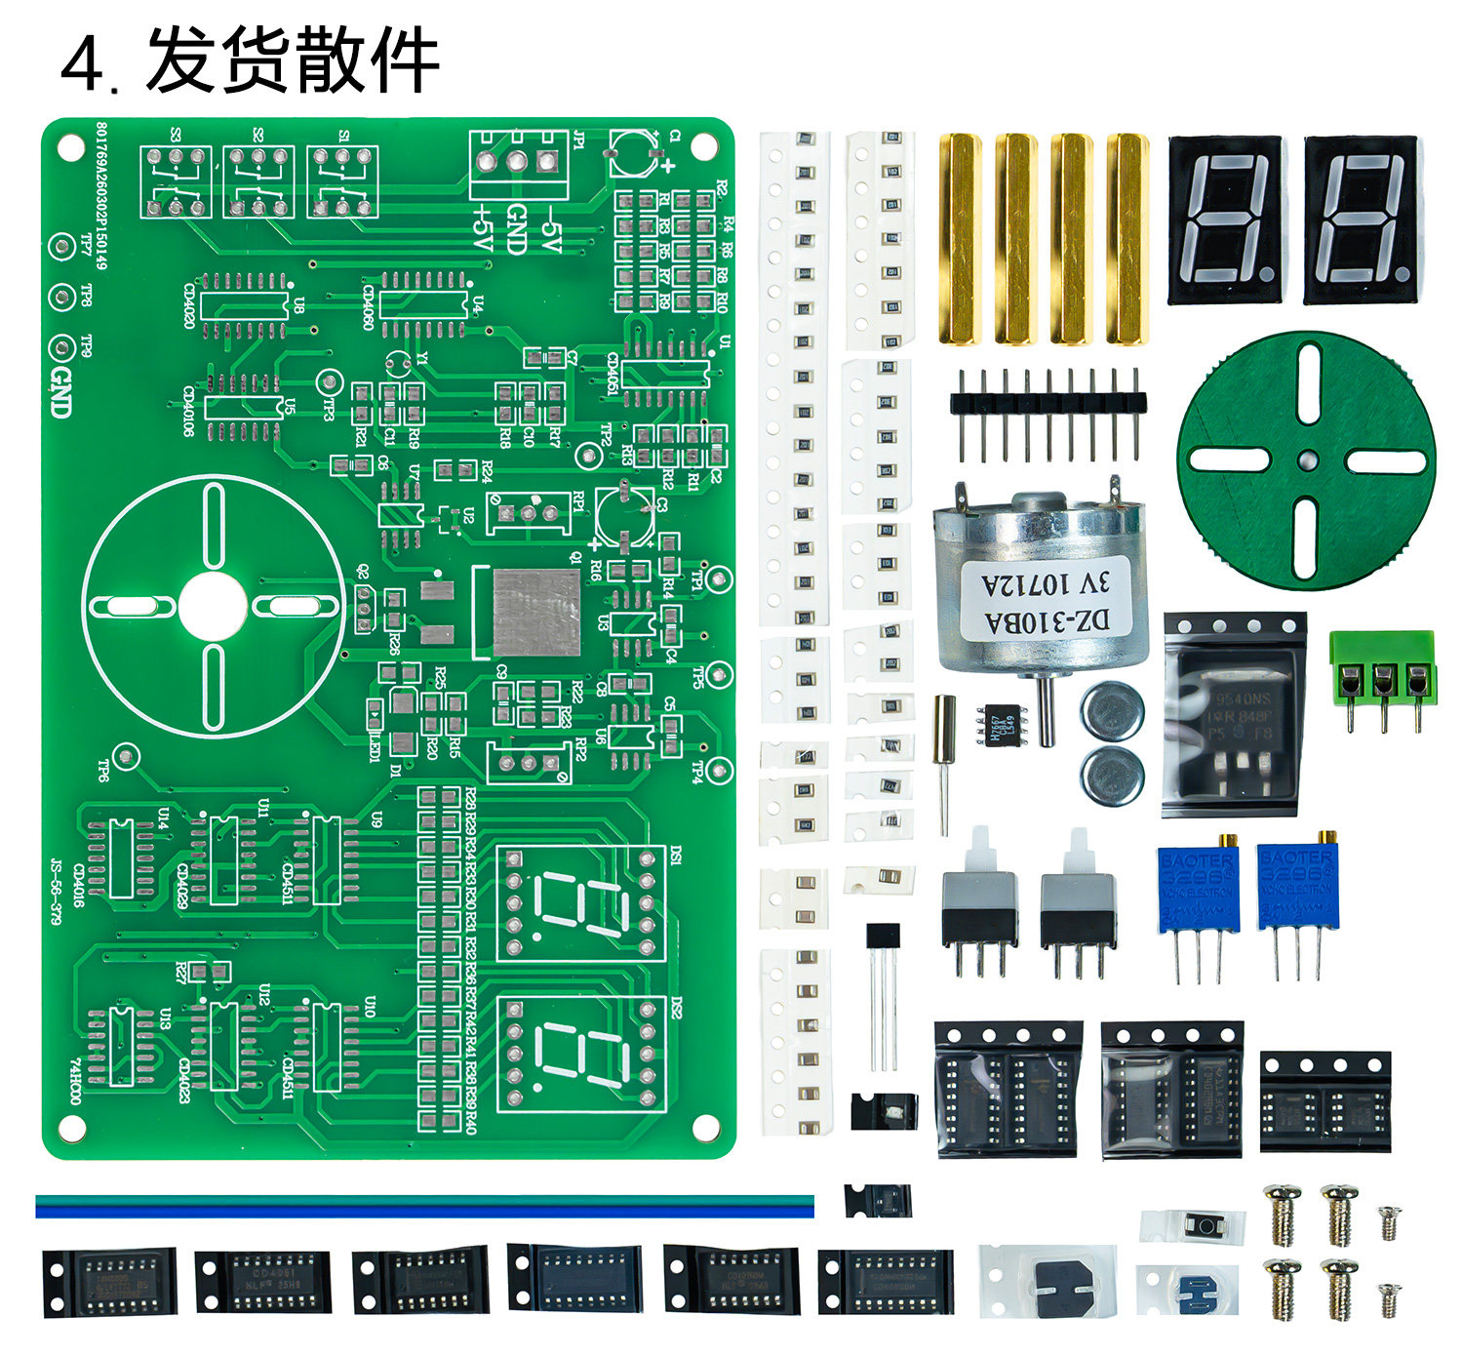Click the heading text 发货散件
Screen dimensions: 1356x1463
click(x=293, y=60)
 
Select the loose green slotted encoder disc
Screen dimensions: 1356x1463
click(x=1306, y=459)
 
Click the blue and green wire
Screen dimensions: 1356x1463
click(x=424, y=1207)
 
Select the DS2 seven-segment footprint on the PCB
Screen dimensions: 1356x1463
click(x=581, y=1053)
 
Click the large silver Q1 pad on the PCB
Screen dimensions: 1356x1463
click(x=536, y=613)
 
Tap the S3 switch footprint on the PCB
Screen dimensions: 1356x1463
click(x=176, y=181)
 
